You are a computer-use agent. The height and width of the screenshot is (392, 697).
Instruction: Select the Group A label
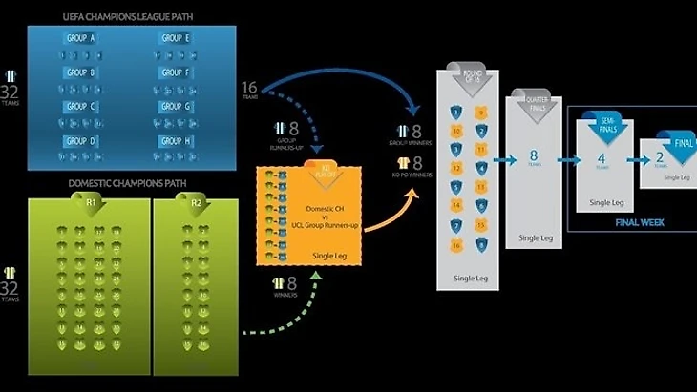pyautogui.click(x=80, y=38)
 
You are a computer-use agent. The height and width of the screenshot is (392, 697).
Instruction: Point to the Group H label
pyautogui.click(x=175, y=141)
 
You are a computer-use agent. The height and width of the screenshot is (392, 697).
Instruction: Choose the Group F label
pyautogui.click(x=175, y=72)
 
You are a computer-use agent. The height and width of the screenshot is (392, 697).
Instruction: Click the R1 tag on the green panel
pyautogui.click(x=89, y=205)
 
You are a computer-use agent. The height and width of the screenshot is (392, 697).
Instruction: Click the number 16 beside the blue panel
pyautogui.click(x=250, y=89)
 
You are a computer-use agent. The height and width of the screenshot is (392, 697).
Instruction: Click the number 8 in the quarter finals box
pyautogui.click(x=533, y=155)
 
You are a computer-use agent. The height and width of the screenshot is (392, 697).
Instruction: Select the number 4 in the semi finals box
pyautogui.click(x=601, y=158)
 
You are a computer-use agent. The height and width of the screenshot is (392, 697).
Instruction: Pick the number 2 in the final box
pyautogui.click(x=660, y=157)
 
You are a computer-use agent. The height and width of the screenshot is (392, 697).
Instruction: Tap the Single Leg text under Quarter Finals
pyautogui.click(x=535, y=237)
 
